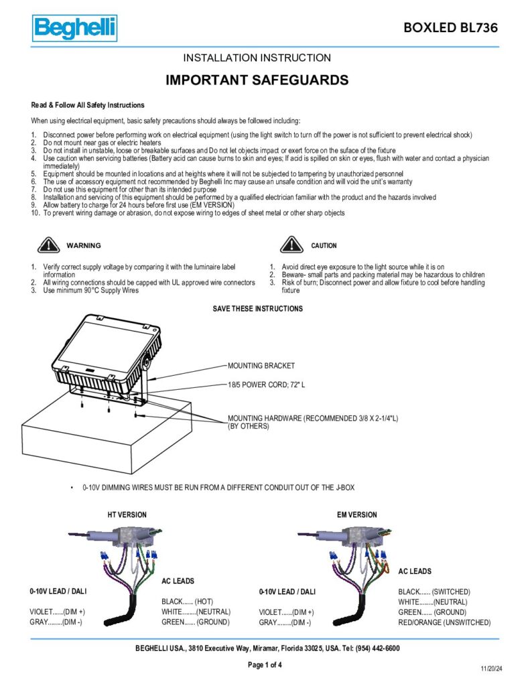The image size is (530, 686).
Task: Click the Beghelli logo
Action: (x=74, y=28)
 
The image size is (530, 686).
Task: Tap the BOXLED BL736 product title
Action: (x=450, y=27)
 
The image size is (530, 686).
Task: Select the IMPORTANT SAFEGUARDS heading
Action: (x=257, y=80)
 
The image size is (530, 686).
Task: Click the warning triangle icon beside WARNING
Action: (x=47, y=245)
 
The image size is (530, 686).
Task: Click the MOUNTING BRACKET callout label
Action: (x=261, y=366)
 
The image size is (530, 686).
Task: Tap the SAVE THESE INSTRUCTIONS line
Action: (x=257, y=309)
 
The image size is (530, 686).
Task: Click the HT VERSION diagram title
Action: (x=127, y=514)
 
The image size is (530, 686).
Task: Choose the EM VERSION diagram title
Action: (x=356, y=514)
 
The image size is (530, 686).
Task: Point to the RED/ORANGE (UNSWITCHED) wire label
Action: (x=444, y=622)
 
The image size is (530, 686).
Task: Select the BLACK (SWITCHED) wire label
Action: (x=434, y=592)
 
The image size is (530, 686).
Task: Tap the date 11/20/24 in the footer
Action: (x=491, y=669)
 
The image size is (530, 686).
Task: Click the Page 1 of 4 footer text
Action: (x=265, y=665)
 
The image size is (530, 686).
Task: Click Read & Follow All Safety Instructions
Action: (x=88, y=105)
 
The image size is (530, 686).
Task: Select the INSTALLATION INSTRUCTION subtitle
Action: (x=257, y=58)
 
